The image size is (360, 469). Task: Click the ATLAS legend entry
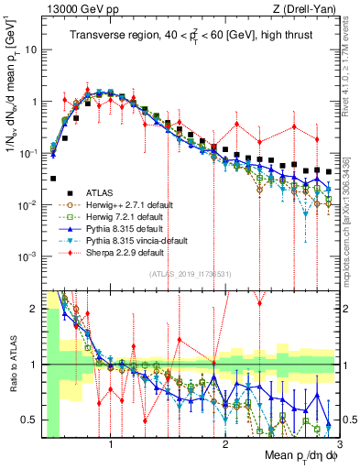pyautogui.click(x=96, y=192)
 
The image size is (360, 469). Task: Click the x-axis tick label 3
pyautogui.click(x=337, y=445)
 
